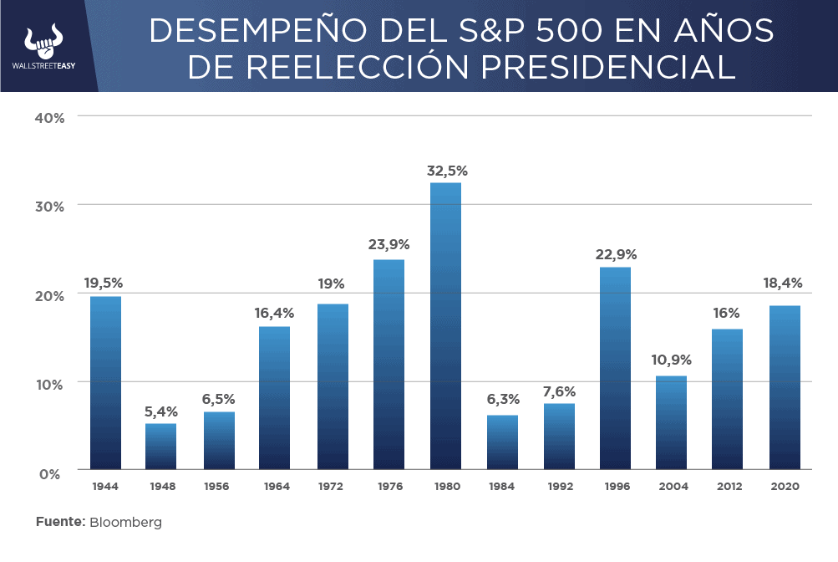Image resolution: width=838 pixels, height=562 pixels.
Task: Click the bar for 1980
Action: pyautogui.click(x=445, y=326)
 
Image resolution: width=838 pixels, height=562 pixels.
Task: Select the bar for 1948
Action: pyautogui.click(x=160, y=446)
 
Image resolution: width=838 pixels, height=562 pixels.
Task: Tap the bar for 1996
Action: pyautogui.click(x=615, y=368)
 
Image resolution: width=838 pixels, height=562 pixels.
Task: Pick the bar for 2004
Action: pyautogui.click(x=671, y=422)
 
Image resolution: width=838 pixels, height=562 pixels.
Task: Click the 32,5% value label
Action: pyautogui.click(x=447, y=171)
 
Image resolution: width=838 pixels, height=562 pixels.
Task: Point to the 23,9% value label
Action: pyautogui.click(x=389, y=245)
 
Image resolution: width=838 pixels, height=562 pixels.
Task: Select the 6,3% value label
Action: pyautogui.click(x=502, y=399)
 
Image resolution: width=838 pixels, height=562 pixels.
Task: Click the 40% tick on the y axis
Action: pyautogui.click(x=49, y=117)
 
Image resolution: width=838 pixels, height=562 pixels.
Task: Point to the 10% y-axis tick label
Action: pyautogui.click(x=49, y=385)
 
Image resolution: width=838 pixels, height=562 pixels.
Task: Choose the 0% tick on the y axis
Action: pyautogui.click(x=52, y=473)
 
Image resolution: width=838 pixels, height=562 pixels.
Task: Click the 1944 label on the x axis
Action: pyautogui.click(x=105, y=486)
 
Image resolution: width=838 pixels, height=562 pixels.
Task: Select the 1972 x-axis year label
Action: pyautogui.click(x=332, y=486)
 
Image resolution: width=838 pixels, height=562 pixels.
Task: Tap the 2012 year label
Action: pyautogui.click(x=728, y=486)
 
